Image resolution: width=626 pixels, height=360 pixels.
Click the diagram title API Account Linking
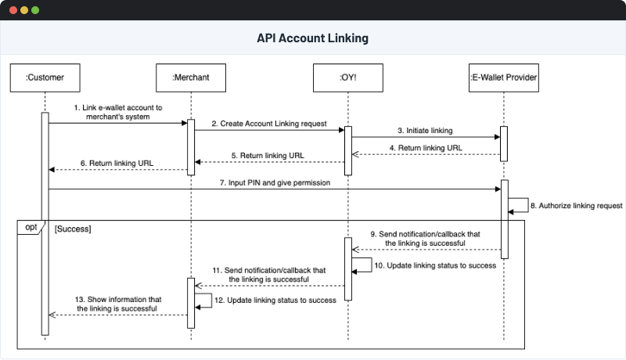tap(312, 38)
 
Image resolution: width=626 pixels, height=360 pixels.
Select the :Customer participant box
tap(45, 77)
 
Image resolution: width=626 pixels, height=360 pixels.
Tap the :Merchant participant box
tap(190, 77)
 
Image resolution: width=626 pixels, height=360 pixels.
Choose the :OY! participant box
tap(347, 77)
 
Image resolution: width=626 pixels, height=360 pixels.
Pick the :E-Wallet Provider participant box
tap(503, 77)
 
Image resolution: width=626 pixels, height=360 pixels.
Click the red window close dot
tap(13, 10)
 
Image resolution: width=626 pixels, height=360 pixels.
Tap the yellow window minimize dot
tap(24, 10)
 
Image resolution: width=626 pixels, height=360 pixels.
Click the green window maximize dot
tap(35, 10)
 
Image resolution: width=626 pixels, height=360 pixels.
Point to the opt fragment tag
tap(31, 227)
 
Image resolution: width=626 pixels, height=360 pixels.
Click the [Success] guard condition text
tap(73, 229)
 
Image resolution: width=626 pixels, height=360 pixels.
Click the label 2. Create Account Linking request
tap(268, 124)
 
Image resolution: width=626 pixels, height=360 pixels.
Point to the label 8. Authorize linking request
tap(570, 206)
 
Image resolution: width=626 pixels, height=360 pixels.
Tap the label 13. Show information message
tap(118, 303)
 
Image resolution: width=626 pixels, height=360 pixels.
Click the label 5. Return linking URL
tap(268, 155)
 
